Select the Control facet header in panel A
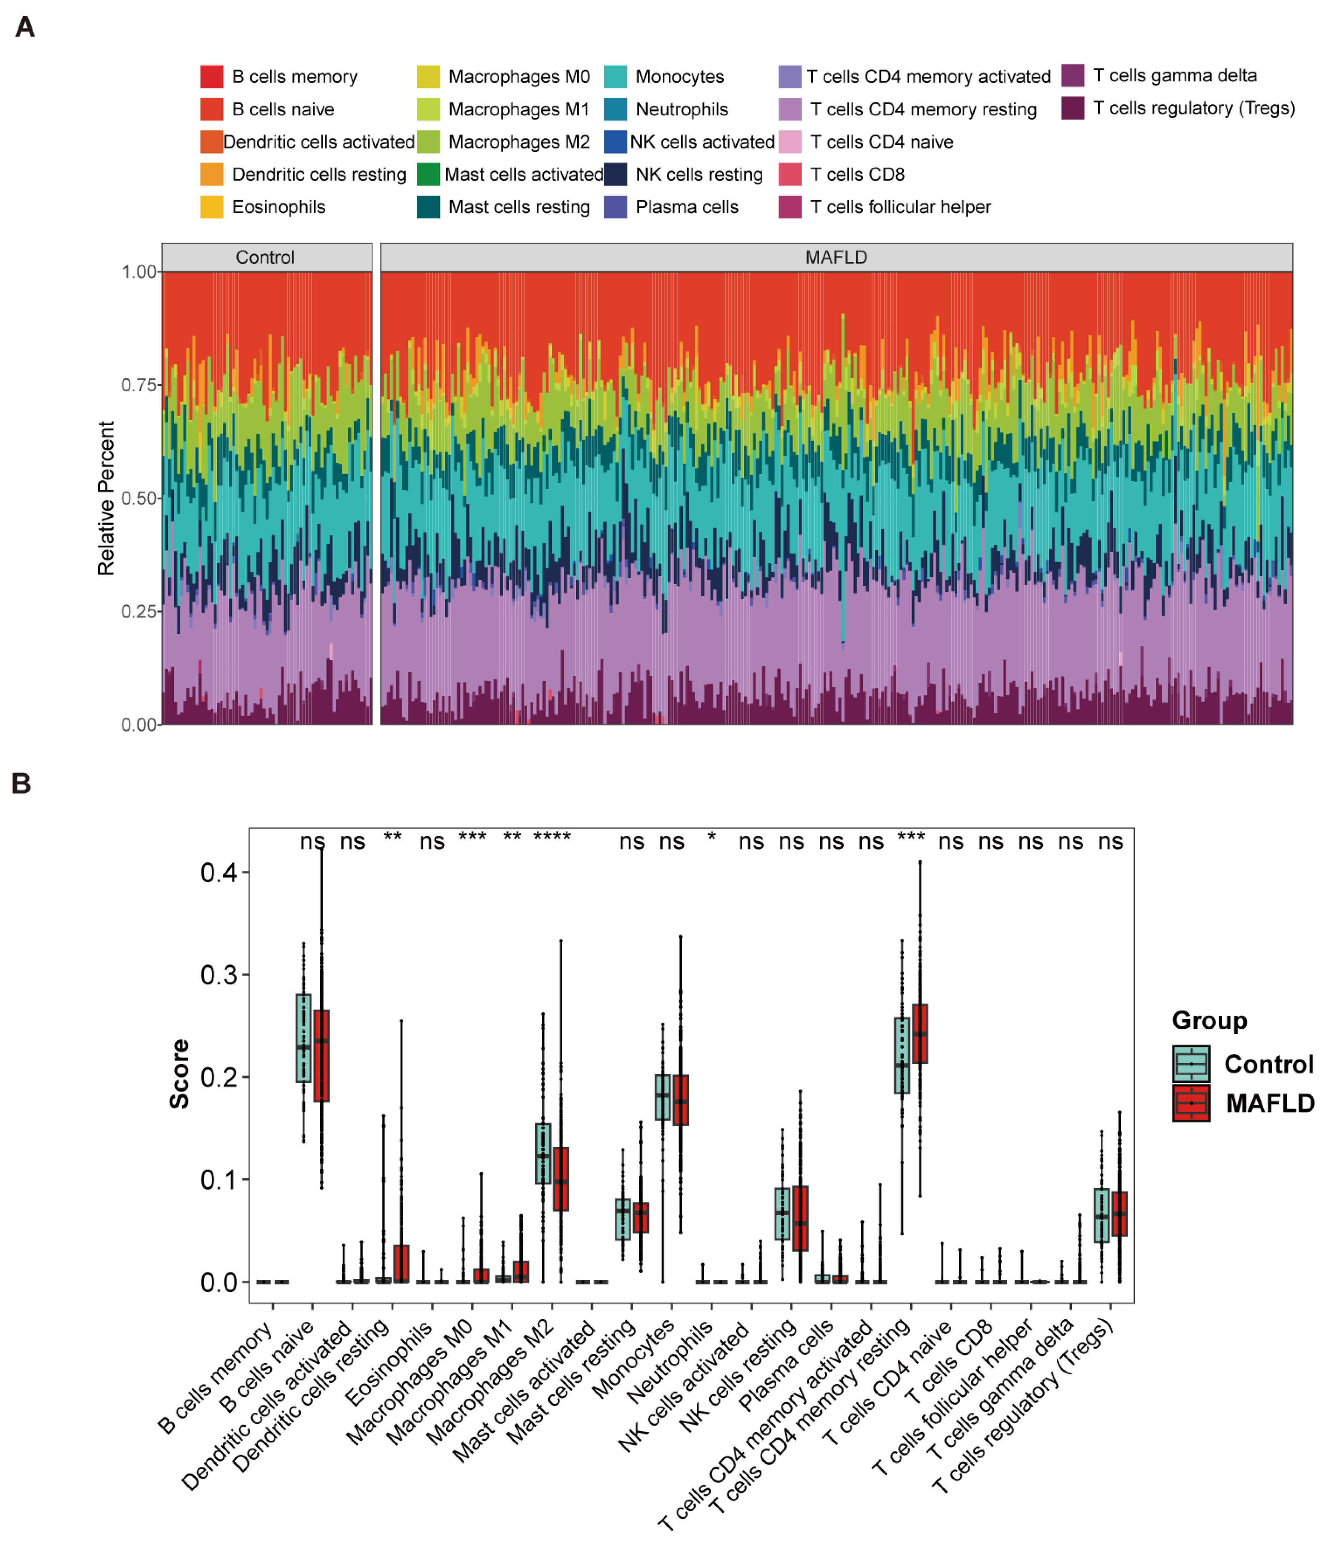(x=265, y=257)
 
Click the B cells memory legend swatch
(x=211, y=77)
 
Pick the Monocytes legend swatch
(x=615, y=77)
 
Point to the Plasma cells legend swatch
(x=615, y=207)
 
